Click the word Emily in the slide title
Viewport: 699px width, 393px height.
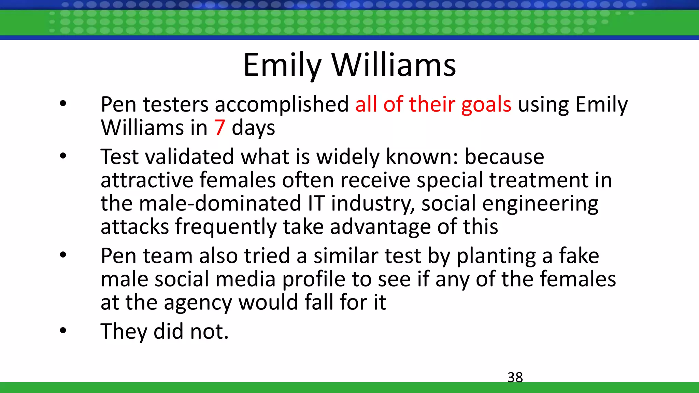(x=282, y=65)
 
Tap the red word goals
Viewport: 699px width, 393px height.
(x=486, y=105)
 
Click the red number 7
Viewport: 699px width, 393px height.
(x=219, y=128)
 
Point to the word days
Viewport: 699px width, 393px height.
(x=253, y=129)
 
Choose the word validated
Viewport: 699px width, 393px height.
(x=190, y=157)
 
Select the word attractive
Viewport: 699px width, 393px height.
(x=146, y=180)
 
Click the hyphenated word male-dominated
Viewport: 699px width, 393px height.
(x=220, y=203)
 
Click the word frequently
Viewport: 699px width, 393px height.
(x=226, y=227)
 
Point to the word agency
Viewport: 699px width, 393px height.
(x=198, y=303)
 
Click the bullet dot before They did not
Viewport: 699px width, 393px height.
(x=63, y=330)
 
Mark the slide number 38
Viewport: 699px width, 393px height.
(x=515, y=377)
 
